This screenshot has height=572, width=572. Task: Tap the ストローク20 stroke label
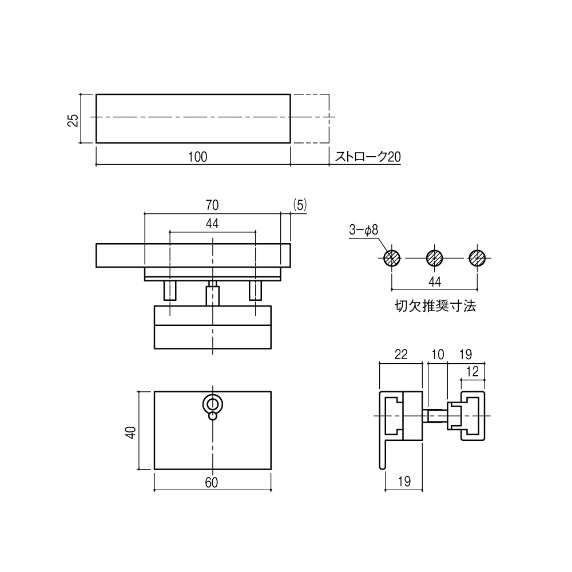pos(367,157)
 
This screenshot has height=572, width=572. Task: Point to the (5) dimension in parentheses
pos(300,204)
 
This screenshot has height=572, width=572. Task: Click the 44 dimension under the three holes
pos(434,281)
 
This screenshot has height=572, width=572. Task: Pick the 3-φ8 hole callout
pos(363,230)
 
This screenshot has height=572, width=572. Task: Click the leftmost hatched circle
pos(392,258)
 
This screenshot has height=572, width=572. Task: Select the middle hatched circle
pos(435,258)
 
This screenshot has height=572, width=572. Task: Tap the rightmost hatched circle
pos(477,258)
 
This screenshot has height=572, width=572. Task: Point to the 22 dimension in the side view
pos(401,355)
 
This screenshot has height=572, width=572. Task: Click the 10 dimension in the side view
pos(438,355)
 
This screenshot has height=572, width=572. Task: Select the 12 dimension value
pos(472,371)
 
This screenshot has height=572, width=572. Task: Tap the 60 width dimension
pos(211,483)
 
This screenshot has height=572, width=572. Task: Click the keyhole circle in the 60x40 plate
pos(213,404)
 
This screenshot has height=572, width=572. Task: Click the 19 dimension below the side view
pos(403,482)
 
